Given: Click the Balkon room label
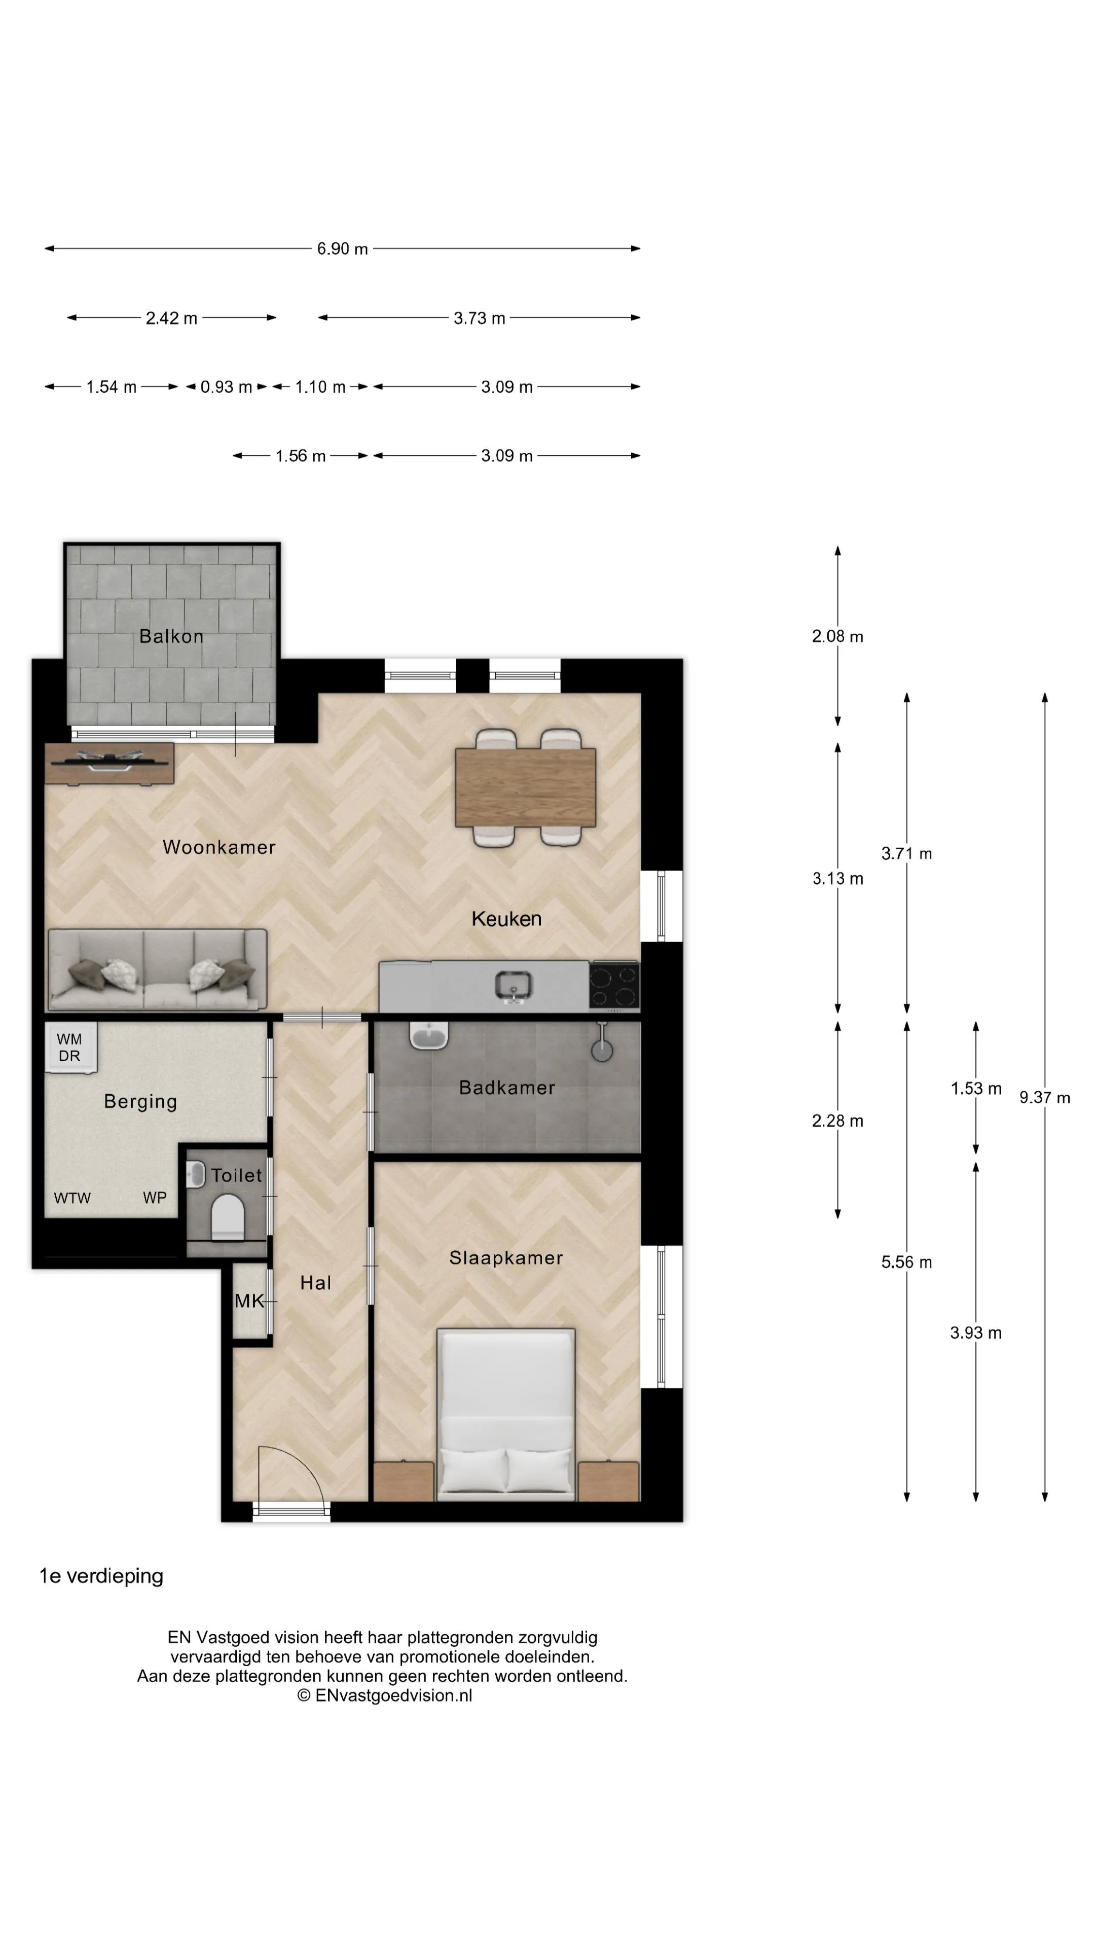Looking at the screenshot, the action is (x=171, y=636).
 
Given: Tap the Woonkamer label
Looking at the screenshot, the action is (x=219, y=847).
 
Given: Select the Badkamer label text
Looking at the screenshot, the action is (x=507, y=1088).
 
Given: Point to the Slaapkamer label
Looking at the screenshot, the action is (x=506, y=1257).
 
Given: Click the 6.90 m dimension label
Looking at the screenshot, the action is (x=342, y=248).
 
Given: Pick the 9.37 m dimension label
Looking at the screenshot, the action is (x=1044, y=1097).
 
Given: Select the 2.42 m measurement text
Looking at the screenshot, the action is (x=171, y=318).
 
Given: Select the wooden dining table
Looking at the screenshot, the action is (x=525, y=787).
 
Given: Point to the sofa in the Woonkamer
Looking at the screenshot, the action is (x=157, y=970).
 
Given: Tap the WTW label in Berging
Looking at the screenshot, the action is (x=72, y=1198).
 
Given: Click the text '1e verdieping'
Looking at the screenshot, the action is (x=101, y=1576).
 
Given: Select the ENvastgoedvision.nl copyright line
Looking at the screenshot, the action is (x=385, y=1696).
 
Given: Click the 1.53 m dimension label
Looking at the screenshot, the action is (x=975, y=1089).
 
